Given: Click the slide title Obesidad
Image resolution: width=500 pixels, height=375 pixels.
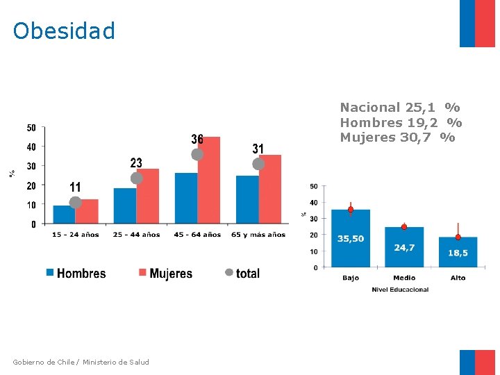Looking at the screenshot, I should (x=64, y=31).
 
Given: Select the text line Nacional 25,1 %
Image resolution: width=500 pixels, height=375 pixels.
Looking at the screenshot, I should (x=399, y=108).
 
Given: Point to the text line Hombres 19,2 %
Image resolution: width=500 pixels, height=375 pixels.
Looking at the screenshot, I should (x=401, y=123).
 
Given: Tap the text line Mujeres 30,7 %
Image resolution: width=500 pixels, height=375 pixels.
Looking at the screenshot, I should (x=397, y=137).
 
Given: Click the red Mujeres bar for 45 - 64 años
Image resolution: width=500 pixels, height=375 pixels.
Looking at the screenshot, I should (x=208, y=181).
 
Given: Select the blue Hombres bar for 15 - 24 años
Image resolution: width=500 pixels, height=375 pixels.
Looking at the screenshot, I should (x=64, y=215).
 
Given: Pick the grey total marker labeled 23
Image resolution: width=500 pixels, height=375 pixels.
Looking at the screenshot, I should (x=137, y=178).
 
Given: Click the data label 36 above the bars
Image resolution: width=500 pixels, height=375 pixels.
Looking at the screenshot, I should (x=197, y=140).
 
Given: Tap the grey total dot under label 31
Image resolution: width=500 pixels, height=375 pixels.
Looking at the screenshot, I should (x=258, y=165).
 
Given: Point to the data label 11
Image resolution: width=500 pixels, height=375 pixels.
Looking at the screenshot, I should (x=75, y=187).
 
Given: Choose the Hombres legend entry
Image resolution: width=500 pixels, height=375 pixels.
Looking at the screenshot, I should (x=76, y=274).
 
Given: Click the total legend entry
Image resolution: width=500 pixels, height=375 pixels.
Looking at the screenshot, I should (x=242, y=274).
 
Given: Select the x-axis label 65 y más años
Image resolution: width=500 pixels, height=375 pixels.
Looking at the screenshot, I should (x=258, y=235).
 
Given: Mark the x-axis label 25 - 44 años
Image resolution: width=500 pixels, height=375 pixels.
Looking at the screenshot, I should (x=136, y=235).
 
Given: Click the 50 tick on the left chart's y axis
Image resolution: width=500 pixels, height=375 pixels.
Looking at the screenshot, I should (x=31, y=128).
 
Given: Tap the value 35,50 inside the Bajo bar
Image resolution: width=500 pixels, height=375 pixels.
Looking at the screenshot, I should (x=351, y=239).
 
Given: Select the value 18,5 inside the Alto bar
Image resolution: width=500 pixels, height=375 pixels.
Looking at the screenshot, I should (x=458, y=253).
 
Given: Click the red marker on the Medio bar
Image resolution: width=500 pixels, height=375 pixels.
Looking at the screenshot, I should (x=404, y=227).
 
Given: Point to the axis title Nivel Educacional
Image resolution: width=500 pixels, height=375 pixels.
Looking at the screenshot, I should (x=400, y=290).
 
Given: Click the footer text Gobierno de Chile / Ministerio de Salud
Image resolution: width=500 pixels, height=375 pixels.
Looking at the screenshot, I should (x=81, y=362).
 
